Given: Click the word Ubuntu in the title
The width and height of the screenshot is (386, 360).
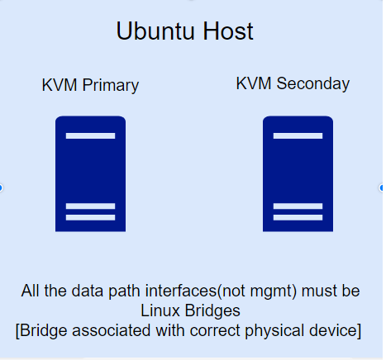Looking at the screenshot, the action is [155, 31].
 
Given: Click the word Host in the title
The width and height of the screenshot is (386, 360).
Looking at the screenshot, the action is [228, 31].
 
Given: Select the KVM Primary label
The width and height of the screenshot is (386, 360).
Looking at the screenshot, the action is [90, 85].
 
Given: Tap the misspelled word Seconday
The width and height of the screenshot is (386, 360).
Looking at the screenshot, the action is [313, 83].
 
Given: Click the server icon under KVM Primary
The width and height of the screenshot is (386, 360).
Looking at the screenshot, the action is [90, 173].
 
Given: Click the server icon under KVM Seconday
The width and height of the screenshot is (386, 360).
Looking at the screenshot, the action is [298, 173].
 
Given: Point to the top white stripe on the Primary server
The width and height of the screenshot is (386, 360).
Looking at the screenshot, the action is [90, 135].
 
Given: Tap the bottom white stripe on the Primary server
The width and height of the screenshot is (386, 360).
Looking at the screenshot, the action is [90, 217].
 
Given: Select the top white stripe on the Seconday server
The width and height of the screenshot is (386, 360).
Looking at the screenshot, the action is [298, 135].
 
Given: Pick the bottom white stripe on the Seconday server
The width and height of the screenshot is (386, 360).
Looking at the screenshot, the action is [298, 217].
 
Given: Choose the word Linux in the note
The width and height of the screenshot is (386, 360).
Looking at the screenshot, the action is [160, 310].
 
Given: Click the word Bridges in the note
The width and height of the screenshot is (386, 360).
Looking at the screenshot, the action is [212, 311].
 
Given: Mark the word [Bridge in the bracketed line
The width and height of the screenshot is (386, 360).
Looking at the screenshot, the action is [41, 331].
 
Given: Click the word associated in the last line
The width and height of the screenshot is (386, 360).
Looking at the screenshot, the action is [112, 330].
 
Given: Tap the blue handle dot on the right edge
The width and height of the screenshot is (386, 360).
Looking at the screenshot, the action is [382, 187].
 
